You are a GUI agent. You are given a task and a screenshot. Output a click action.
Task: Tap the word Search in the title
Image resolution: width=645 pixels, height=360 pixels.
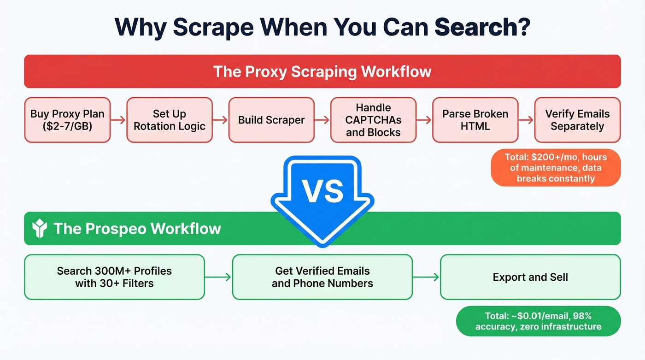coord(481,28)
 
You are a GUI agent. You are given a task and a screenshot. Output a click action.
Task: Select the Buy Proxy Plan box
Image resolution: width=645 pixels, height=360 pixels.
coord(67,120)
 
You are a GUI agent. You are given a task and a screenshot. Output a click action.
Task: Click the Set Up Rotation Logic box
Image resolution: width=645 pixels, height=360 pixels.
coord(170,120)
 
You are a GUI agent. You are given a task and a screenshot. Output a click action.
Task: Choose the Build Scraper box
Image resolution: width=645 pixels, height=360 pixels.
coord(271,120)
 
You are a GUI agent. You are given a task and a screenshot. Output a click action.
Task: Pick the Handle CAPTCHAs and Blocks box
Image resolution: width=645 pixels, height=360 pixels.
coord(373,120)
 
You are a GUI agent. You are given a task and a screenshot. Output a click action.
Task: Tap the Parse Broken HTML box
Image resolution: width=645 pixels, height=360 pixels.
coord(475,120)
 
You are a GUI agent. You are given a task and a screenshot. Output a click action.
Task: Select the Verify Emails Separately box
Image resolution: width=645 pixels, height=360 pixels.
coord(577,120)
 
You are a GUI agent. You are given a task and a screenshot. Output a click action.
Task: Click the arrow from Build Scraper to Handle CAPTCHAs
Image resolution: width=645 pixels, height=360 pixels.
coord(322,120)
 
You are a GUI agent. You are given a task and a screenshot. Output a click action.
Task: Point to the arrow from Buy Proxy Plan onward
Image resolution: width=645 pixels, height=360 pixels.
coord(118,120)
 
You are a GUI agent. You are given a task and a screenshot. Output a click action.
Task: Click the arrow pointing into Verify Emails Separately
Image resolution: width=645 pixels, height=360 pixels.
coord(526,120)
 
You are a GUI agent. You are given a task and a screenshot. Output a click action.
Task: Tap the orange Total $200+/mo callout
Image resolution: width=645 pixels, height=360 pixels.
coord(555,168)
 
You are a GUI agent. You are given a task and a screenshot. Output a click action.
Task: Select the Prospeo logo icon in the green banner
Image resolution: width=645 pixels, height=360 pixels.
coord(40,229)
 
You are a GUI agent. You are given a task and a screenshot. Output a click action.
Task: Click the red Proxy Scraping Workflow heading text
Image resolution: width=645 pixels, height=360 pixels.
coord(322,71)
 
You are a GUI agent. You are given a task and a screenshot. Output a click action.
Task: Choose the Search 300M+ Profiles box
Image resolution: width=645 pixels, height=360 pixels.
coord(114,277)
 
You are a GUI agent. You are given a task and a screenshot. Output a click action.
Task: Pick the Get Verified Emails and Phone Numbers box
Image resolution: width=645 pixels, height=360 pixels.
coord(322,277)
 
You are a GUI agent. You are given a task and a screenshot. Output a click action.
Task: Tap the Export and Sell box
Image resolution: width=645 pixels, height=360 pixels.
coord(530,277)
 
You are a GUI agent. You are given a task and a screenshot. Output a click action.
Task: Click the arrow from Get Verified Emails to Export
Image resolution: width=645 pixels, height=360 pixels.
coord(426,277)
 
